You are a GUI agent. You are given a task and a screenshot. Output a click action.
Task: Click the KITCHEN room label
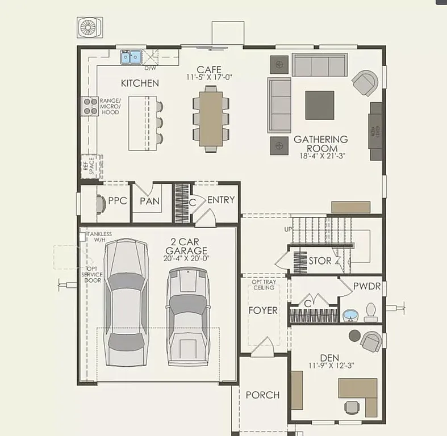click(140, 83)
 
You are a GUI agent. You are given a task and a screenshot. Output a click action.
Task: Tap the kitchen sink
click(131, 57)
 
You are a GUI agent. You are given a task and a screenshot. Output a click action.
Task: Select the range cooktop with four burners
click(90, 106)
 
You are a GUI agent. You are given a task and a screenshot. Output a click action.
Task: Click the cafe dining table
click(210, 118)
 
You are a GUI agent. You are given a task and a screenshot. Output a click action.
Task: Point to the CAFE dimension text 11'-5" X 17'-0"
click(209, 77)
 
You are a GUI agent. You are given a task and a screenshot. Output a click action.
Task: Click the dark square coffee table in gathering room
click(320, 105)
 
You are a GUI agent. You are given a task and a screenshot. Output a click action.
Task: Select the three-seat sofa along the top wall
click(319, 66)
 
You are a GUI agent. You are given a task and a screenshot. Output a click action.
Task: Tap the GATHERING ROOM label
click(321, 143)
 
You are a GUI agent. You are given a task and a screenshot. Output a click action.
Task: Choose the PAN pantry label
click(149, 202)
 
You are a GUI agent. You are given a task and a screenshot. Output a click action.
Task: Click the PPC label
click(117, 201)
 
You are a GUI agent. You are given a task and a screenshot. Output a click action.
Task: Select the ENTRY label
click(220, 200)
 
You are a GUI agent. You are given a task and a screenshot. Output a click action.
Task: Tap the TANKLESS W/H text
click(99, 237)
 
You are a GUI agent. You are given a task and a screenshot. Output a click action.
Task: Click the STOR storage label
click(320, 261)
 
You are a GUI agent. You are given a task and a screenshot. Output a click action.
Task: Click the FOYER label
click(263, 311)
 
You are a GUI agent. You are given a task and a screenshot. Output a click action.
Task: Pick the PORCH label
click(262, 395)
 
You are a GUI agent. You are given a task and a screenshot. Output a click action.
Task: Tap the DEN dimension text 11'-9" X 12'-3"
click(331, 366)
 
